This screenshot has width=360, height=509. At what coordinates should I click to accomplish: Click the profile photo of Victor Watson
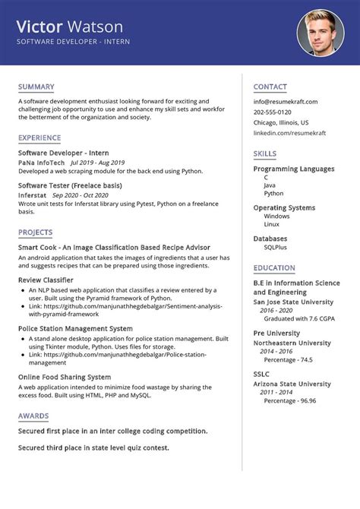[320, 33]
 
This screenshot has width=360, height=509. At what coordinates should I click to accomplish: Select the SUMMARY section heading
[36, 86]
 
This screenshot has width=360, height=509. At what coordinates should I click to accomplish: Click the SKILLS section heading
[264, 153]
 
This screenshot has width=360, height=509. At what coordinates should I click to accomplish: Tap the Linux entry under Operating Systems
[271, 225]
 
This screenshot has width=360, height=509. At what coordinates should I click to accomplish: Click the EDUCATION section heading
[274, 267]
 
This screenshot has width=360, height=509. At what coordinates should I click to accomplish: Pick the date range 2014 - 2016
[277, 351]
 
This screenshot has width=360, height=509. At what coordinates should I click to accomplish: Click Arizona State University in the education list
[292, 384]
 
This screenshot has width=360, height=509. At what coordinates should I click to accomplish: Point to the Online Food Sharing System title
[65, 376]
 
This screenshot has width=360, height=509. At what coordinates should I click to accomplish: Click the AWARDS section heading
[33, 416]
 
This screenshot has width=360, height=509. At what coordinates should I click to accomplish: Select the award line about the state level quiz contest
[93, 447]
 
